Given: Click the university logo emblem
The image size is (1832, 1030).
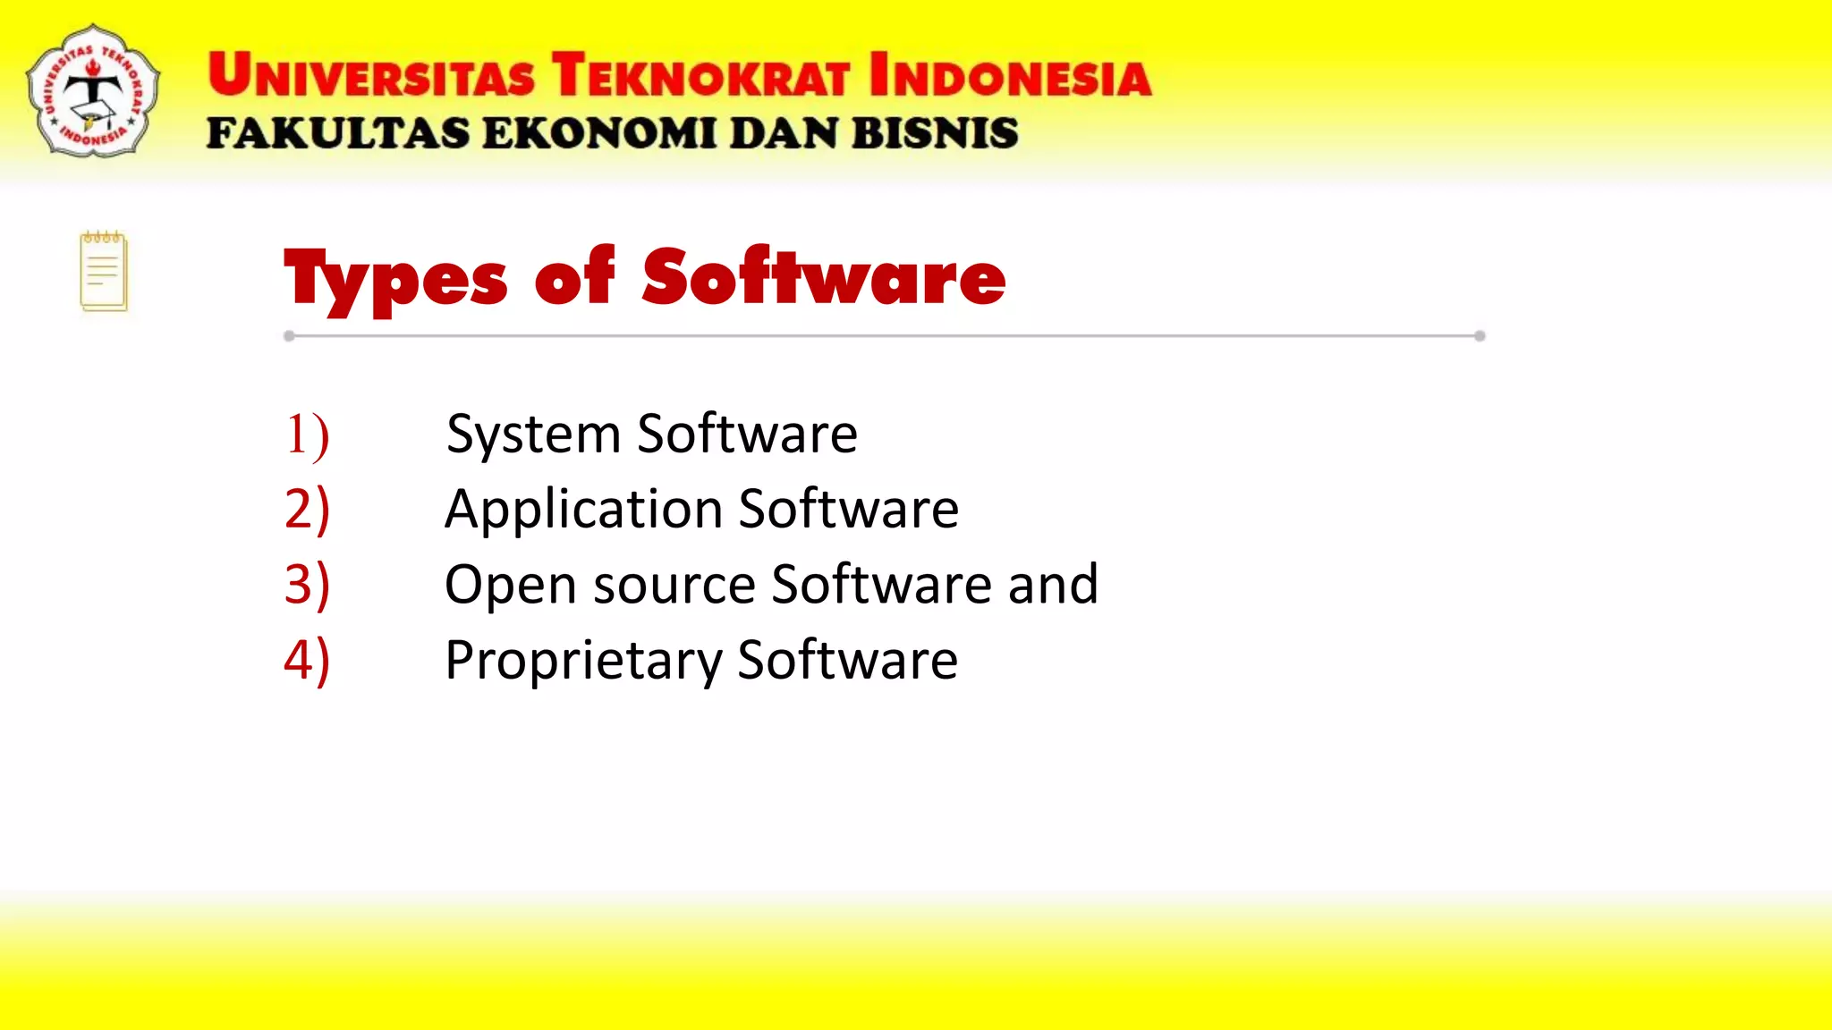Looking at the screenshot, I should [x=93, y=91].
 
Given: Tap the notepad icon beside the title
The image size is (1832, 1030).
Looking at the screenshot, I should [x=104, y=272].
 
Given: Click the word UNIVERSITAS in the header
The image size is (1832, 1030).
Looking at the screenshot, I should [x=371, y=75].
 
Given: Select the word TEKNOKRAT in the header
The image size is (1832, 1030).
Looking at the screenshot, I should [x=700, y=75].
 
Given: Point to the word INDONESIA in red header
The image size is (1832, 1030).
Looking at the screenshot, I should [x=1010, y=75].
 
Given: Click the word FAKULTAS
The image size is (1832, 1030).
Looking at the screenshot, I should [x=338, y=134].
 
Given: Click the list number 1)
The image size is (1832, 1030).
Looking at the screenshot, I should [x=307, y=435].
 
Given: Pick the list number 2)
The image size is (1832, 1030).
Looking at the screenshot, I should [x=307, y=510].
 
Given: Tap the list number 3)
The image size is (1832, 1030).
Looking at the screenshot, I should [x=307, y=586].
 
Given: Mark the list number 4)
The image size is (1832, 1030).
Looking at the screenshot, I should [x=307, y=661].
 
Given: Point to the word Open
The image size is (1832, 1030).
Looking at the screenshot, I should [x=510, y=587].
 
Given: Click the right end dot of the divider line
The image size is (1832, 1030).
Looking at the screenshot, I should [x=1480, y=336].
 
